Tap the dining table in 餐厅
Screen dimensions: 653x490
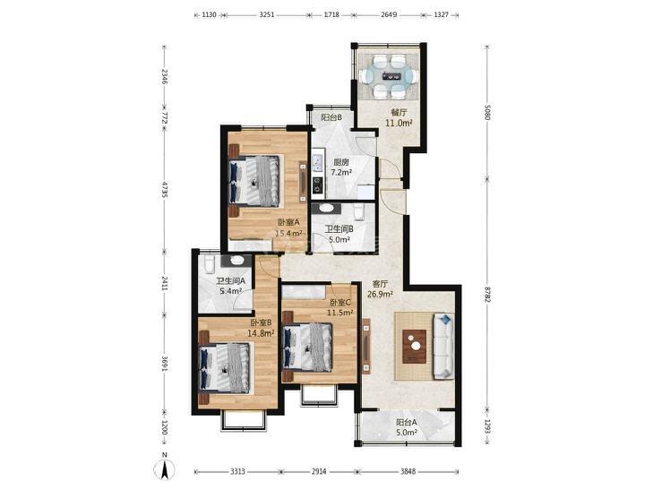[391, 76]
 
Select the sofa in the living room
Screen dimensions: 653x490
[444, 347]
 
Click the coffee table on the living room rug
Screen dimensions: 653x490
[415, 347]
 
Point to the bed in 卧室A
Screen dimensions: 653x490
[255, 181]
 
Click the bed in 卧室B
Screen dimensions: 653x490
[226, 367]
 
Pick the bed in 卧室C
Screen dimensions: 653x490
[308, 347]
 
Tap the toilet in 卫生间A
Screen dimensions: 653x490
[210, 263]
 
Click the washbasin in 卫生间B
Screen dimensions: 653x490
[326, 208]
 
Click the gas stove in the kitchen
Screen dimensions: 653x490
[318, 185]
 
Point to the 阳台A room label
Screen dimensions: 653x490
[407, 422]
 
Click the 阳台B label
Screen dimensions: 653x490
[331, 117]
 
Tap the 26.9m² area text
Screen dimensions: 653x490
[380, 295]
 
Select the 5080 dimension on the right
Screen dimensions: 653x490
[487, 111]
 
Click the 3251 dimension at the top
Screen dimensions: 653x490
[267, 14]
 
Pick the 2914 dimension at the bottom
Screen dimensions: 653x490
[319, 472]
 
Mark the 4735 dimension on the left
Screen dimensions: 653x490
[165, 189]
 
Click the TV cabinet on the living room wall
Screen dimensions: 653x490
[366, 347]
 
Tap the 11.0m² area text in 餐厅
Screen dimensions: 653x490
[400, 123]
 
